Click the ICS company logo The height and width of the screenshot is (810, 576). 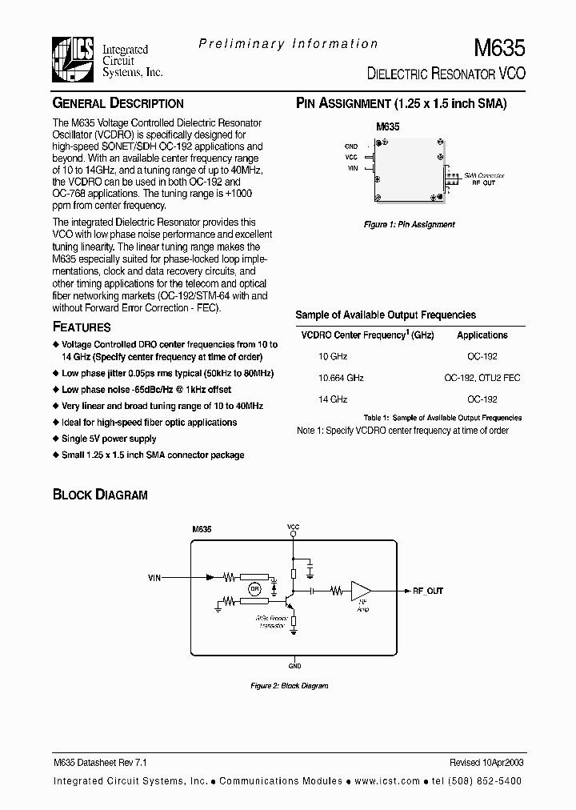click(73, 59)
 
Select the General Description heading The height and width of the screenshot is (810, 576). click(118, 103)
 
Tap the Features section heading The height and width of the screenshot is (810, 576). click(82, 327)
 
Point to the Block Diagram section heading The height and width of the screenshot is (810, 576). click(100, 495)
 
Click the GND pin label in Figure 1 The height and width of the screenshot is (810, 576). click(351, 146)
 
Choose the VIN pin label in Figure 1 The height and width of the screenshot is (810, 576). click(352, 169)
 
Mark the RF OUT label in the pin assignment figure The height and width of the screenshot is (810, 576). click(482, 182)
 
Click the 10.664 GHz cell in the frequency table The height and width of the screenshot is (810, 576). click(342, 377)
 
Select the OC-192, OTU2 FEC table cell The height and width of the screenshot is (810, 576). click(482, 377)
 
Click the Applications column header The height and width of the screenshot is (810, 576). click(482, 335)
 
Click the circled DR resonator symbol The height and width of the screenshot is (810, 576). click(254, 590)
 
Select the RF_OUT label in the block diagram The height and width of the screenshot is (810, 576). click(427, 591)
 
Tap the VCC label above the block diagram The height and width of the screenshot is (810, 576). click(293, 527)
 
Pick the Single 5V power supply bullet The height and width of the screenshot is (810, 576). click(109, 439)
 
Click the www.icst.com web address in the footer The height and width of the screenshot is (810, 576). click(387, 780)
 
